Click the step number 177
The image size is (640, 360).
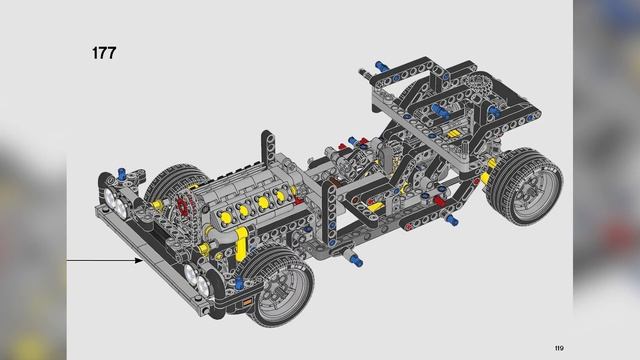104,53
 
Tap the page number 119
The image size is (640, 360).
559,348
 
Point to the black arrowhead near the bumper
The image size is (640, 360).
139,260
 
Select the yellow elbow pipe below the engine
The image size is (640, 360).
241,244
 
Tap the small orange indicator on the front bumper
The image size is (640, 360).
247,302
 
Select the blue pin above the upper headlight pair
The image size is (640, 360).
121,173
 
